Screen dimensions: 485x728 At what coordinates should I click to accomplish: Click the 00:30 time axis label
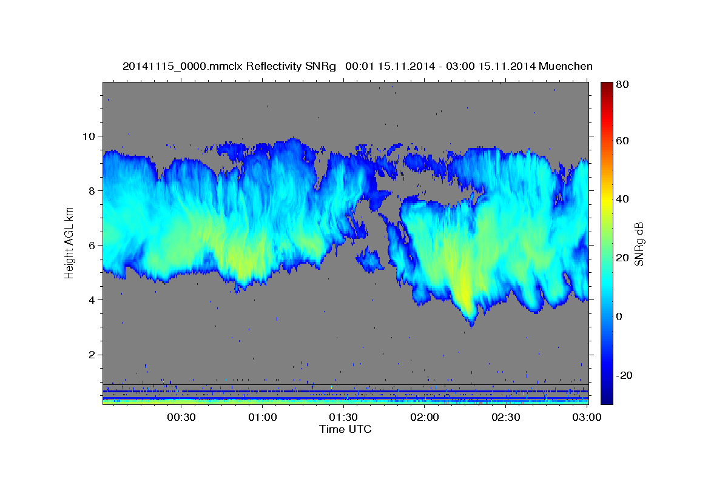coord(181,417)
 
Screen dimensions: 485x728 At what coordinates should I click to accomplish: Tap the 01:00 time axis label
coord(263,417)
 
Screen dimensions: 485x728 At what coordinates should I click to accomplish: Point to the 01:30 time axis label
coord(343,417)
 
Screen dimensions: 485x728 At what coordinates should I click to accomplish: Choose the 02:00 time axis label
coord(425,417)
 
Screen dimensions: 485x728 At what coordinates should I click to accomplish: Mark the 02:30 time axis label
coord(505,417)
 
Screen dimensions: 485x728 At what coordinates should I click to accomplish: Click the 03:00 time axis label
coord(587,417)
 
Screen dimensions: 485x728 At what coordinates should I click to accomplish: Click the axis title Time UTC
coord(345,429)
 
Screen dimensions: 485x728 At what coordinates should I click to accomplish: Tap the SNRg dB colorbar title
coord(639,243)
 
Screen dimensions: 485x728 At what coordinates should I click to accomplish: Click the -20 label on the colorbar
coord(624,375)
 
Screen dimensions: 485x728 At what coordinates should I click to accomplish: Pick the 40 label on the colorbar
coord(621,199)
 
